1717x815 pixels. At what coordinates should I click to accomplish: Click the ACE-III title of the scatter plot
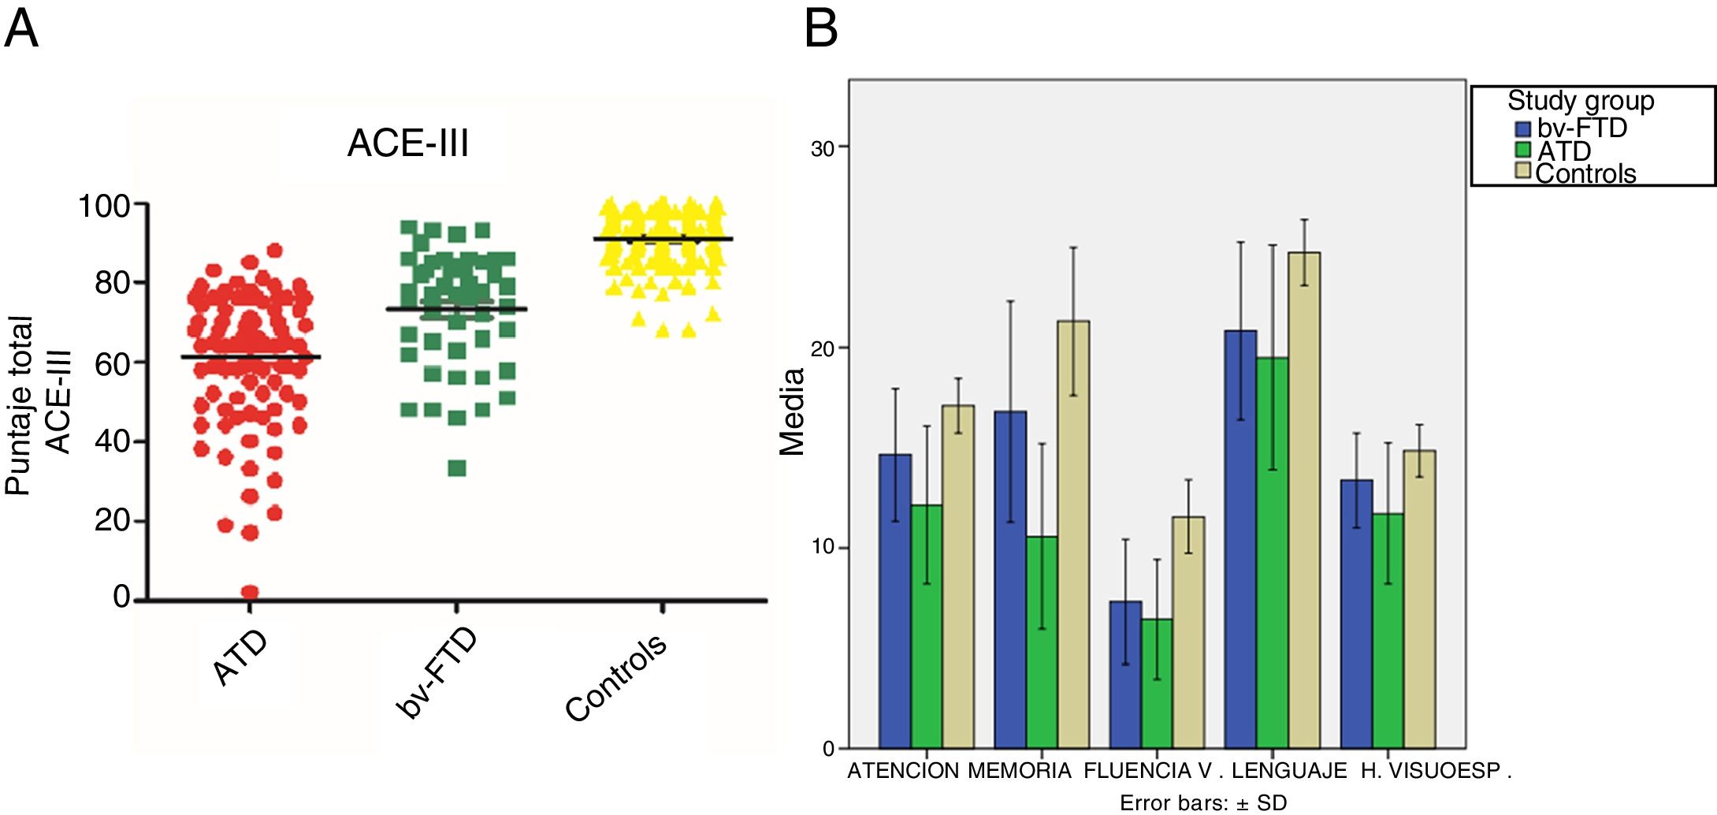pyautogui.click(x=407, y=143)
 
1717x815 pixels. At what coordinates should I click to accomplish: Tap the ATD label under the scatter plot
pyautogui.click(x=240, y=657)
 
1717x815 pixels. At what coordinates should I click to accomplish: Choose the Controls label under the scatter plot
pyautogui.click(x=616, y=678)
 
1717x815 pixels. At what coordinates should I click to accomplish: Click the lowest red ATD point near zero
pyautogui.click(x=250, y=592)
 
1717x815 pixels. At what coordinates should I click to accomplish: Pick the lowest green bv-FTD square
pyautogui.click(x=457, y=468)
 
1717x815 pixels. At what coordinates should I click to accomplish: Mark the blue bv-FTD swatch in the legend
pyautogui.click(x=1522, y=128)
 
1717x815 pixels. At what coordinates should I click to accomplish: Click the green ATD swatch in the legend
pyautogui.click(x=1522, y=150)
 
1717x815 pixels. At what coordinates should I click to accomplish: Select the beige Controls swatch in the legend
pyautogui.click(x=1522, y=171)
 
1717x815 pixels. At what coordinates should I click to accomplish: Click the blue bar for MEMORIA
pyautogui.click(x=1010, y=579)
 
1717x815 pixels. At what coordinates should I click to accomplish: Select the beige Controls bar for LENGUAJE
pyautogui.click(x=1304, y=500)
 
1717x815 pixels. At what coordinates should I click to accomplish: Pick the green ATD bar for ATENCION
pyautogui.click(x=927, y=626)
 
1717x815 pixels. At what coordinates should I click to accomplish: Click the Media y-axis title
pyautogui.click(x=792, y=411)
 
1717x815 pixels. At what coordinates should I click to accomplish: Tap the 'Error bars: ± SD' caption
pyautogui.click(x=1203, y=803)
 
